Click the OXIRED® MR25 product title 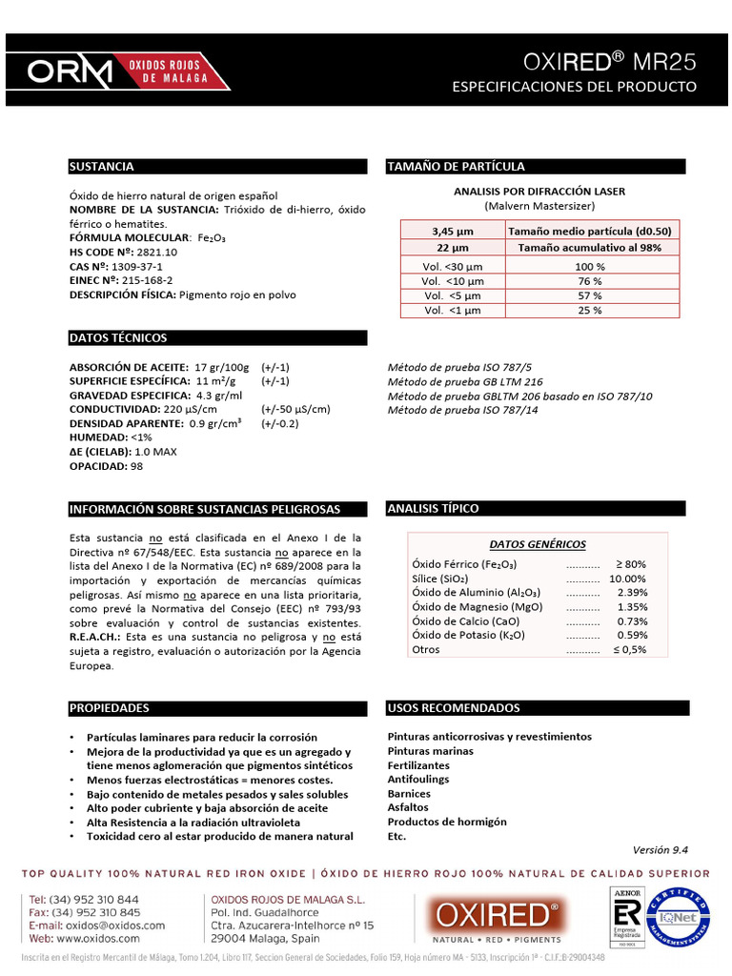pos(610,62)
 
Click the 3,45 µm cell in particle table pos(452,231)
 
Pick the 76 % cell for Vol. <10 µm pos(590,281)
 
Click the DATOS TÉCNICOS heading pos(118,338)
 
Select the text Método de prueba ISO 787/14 pos(462,410)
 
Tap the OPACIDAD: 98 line pos(106,467)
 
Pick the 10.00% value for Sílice pos(627,579)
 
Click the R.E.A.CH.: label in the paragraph pos(95,636)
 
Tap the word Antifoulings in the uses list pos(417,779)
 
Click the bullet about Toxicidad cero pos(219,836)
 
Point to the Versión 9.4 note pos(660,850)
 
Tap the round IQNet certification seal pos(678,913)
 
